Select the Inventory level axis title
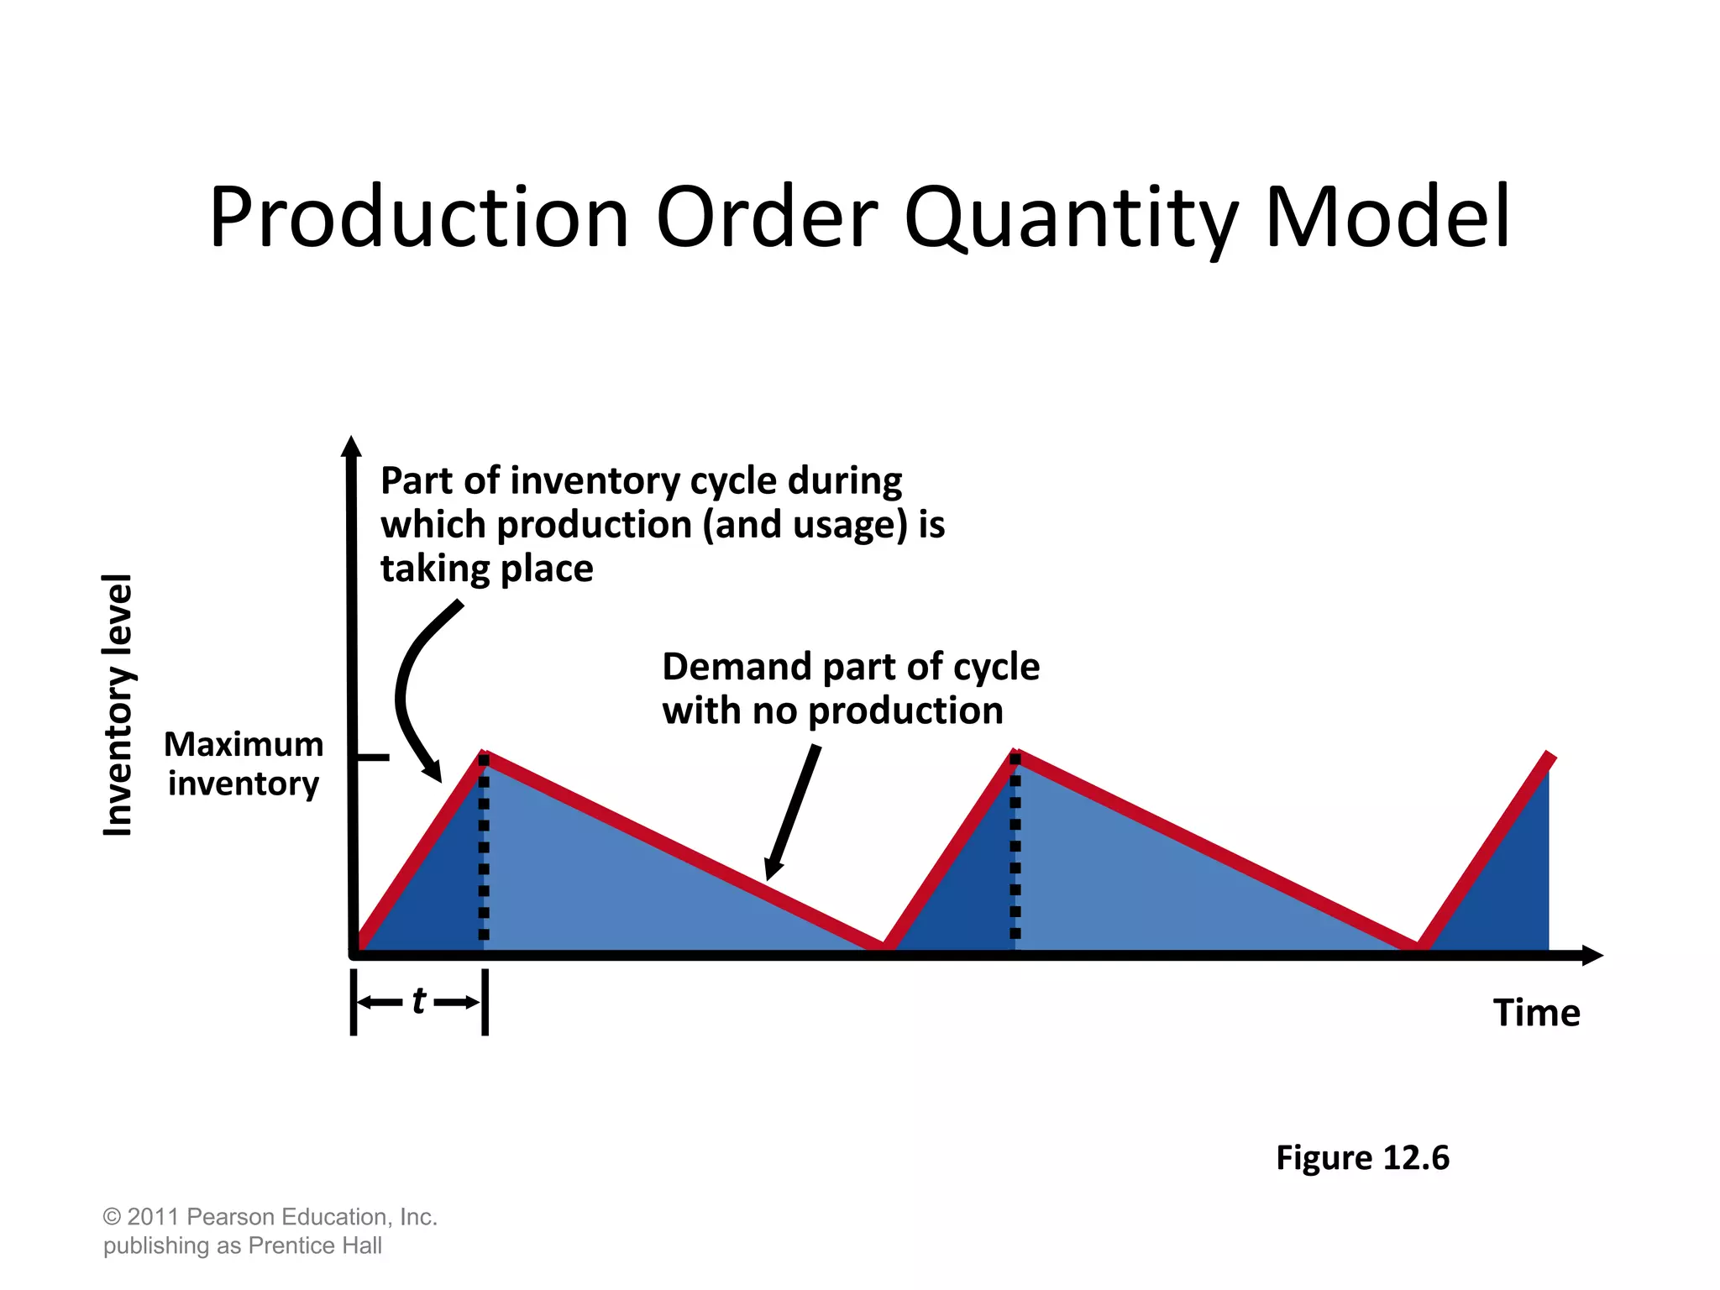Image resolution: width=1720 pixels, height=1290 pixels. coord(118,705)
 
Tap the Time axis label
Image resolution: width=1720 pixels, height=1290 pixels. coord(1536,1013)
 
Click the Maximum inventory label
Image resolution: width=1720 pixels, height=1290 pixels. coord(244,763)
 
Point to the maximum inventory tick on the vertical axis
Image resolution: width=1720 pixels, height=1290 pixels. coord(373,758)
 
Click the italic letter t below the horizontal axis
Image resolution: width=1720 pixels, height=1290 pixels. coord(419,1001)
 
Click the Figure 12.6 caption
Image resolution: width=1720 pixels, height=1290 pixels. coord(1362,1157)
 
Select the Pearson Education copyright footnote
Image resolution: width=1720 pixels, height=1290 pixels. coord(270,1230)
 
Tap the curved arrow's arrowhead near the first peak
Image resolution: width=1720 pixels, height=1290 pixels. coord(433,771)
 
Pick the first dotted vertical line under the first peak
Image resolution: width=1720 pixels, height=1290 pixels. coord(484,848)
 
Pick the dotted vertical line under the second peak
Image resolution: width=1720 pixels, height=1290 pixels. coord(1015,848)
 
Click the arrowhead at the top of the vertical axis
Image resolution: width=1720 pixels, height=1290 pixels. coord(351,447)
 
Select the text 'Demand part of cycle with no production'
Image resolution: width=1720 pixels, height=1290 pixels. coord(850,689)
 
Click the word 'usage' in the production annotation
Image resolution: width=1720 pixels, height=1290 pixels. coord(849,525)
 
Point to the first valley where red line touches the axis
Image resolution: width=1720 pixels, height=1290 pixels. coord(883,947)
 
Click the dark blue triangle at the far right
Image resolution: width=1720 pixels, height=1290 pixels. coord(1512,890)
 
